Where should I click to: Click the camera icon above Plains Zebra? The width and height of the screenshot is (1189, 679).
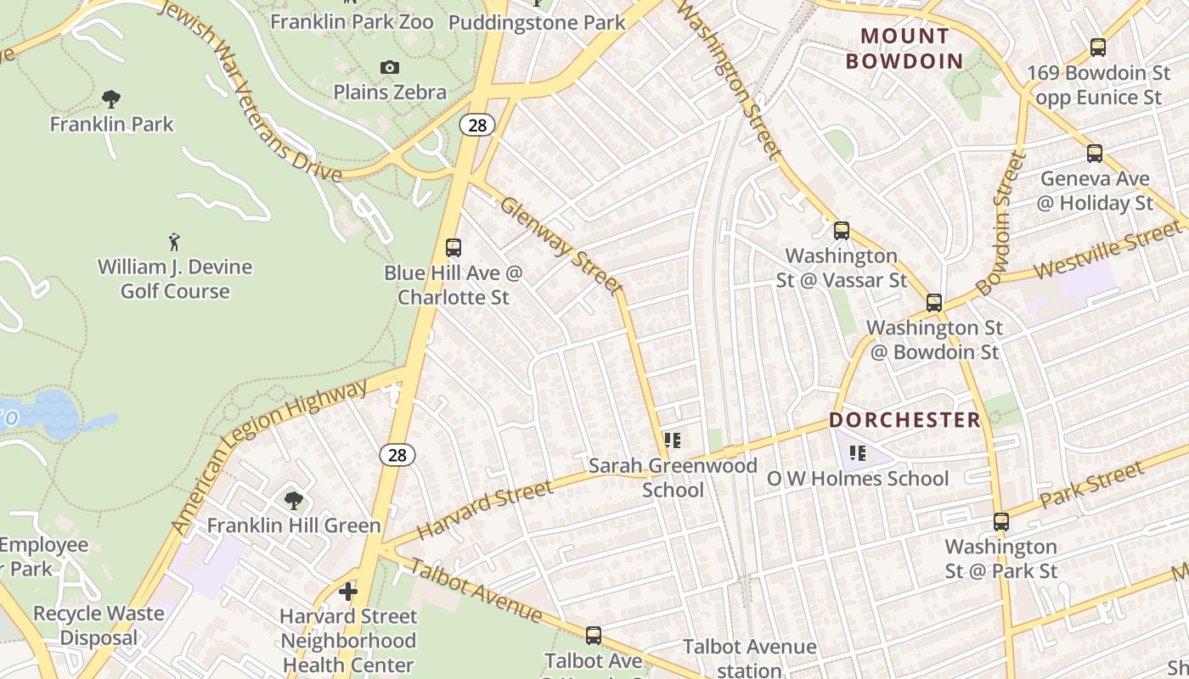389,67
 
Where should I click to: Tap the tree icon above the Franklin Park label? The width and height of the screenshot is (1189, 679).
110,99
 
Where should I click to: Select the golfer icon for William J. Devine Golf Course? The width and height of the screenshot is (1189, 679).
174,242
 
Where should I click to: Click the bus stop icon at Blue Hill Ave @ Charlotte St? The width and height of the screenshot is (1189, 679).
454,248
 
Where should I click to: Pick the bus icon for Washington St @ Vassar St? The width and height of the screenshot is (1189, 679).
841,230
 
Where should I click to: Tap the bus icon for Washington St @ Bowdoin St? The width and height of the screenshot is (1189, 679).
934,302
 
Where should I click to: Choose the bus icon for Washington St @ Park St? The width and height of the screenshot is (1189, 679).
1001,522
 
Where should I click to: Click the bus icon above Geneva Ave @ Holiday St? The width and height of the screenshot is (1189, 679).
1095,154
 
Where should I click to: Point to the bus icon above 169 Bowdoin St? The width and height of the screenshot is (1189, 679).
1097,48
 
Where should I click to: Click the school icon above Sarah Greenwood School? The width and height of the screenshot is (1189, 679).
673,441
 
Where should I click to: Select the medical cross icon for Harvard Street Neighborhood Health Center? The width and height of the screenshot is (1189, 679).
348,591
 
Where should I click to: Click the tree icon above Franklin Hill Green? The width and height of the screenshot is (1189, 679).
294,501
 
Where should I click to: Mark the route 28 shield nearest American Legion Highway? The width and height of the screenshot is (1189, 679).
397,455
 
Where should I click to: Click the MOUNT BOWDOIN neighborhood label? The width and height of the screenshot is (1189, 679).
904,48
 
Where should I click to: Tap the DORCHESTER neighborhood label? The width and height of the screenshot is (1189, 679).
904,420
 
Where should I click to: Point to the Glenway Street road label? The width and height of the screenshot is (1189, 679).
561,245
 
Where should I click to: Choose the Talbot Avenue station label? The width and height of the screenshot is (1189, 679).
749,658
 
